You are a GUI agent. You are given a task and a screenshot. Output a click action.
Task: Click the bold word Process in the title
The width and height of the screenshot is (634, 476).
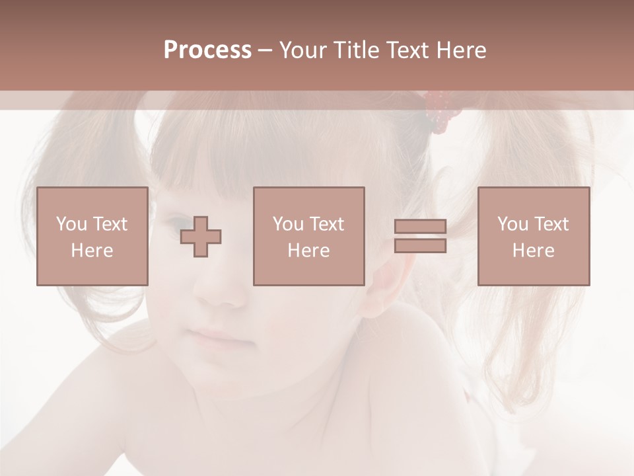pos(207,50)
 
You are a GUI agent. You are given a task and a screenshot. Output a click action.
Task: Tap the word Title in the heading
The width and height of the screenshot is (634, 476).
pos(355,50)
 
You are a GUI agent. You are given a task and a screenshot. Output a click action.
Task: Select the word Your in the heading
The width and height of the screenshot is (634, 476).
pos(304,50)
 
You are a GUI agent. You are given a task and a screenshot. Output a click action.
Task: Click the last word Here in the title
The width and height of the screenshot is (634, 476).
pos(460,50)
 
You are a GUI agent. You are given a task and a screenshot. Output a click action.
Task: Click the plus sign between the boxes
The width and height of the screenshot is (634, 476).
pos(201,237)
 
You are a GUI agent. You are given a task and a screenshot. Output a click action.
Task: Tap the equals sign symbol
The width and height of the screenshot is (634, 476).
pos(420,236)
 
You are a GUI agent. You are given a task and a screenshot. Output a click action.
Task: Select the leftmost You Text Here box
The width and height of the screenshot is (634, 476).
pos(92,237)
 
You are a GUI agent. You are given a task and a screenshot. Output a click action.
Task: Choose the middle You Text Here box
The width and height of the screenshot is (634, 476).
pos(308,237)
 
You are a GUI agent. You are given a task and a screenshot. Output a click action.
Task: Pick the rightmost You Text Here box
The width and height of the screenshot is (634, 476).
pos(533,237)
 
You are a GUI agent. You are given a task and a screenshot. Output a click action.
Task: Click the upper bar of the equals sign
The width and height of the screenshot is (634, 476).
pos(420,227)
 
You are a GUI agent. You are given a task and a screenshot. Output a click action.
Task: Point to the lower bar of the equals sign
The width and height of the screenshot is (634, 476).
pos(420,245)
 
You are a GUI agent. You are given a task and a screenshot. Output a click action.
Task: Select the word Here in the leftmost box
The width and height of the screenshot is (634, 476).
pos(92,251)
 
